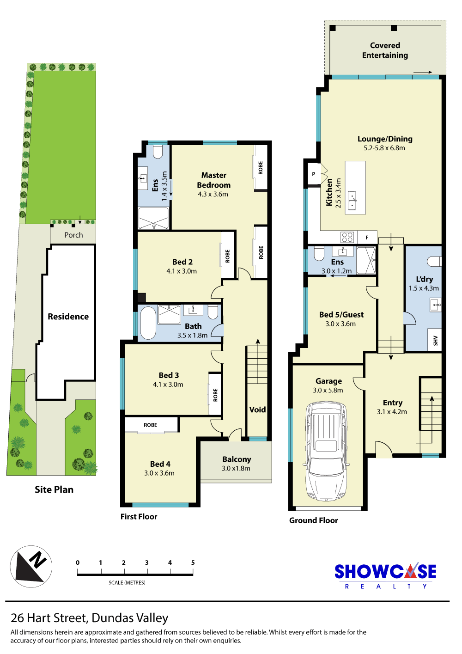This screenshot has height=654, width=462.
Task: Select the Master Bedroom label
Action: (x=213, y=180)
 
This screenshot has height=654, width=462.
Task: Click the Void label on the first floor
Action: (x=257, y=410)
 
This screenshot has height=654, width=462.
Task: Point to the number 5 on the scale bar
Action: (x=193, y=562)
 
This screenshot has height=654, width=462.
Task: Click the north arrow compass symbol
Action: (x=31, y=567)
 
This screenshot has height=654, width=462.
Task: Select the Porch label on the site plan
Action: (x=73, y=235)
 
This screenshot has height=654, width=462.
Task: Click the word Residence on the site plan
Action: (x=68, y=317)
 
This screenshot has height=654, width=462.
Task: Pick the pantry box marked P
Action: (x=314, y=174)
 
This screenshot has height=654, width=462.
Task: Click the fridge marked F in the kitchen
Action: (x=367, y=238)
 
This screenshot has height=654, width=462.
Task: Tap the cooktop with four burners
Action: (x=347, y=237)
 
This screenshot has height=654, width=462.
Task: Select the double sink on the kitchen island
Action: (x=352, y=201)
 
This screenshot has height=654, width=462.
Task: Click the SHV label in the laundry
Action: (x=436, y=341)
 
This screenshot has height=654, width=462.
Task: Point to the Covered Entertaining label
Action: (x=385, y=50)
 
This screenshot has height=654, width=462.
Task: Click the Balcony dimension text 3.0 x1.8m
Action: (x=236, y=468)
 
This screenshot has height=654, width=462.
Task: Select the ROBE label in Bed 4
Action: (x=150, y=425)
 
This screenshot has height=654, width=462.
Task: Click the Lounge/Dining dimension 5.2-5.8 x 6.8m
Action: (x=384, y=148)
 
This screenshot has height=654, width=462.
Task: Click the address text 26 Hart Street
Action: (x=49, y=618)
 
